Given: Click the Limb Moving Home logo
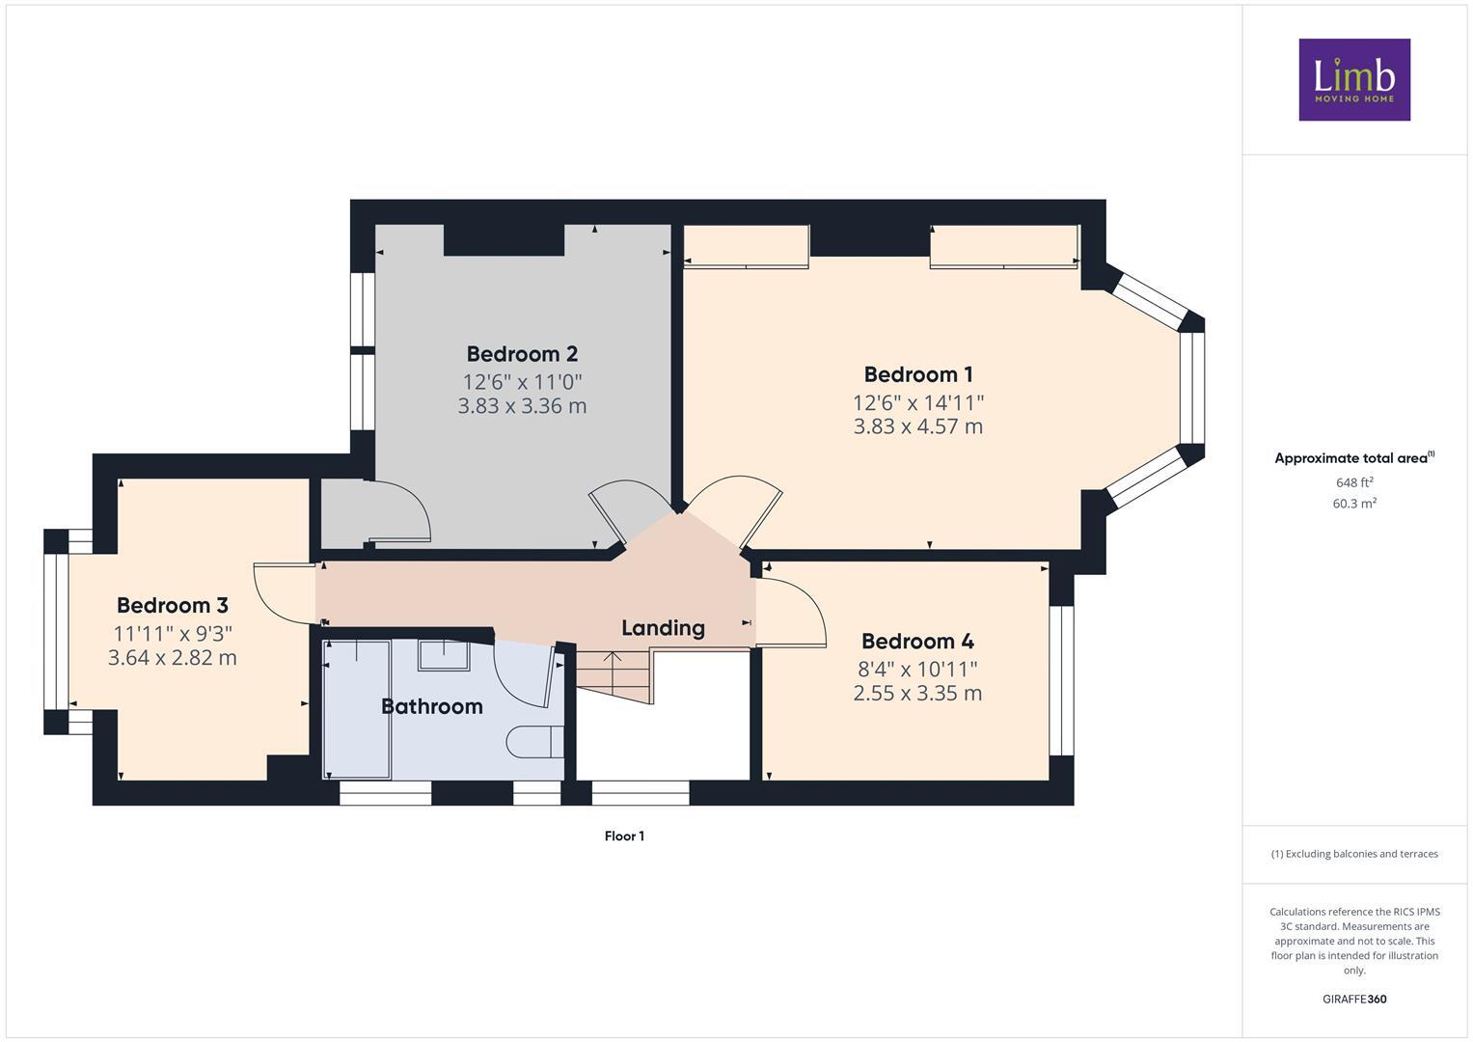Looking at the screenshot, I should point(1353,79).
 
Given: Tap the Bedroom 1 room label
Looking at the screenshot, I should point(917,374).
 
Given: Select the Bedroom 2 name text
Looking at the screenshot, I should point(522,354).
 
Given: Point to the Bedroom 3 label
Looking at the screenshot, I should point(172,605).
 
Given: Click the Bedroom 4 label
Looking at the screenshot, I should point(916,642).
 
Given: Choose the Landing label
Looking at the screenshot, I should point(663,628).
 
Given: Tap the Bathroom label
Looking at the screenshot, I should point(431,706).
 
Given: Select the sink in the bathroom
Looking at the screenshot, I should point(443,656).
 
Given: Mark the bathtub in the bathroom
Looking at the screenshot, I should point(356,709).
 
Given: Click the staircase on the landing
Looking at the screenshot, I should point(613,675).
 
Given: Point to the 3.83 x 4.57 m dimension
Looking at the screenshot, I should point(917,426).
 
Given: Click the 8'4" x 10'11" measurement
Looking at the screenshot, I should point(916,669).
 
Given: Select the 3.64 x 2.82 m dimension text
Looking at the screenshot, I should point(172,658).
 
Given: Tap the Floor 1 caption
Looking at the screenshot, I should point(624,836).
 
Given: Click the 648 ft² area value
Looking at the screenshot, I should point(1353,482).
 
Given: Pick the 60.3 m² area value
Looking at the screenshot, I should point(1353,504).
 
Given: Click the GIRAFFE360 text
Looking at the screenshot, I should point(1353,999).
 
